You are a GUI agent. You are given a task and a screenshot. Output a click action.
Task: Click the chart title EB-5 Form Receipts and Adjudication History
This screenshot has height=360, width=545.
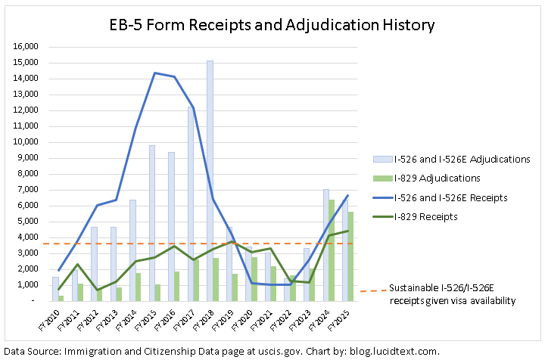pos(271,25)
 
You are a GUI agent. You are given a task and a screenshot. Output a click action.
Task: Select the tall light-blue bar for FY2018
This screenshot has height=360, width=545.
pos(210,182)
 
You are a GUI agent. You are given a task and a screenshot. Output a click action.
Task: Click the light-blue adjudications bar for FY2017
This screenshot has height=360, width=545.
pos(191,204)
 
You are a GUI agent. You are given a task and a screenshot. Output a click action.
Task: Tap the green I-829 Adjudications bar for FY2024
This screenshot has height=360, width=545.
pos(331,250)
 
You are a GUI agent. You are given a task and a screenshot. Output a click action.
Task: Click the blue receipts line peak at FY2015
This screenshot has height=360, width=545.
pos(155,73)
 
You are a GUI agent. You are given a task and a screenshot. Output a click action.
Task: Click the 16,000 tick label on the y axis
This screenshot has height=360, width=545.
pos(26,47)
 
